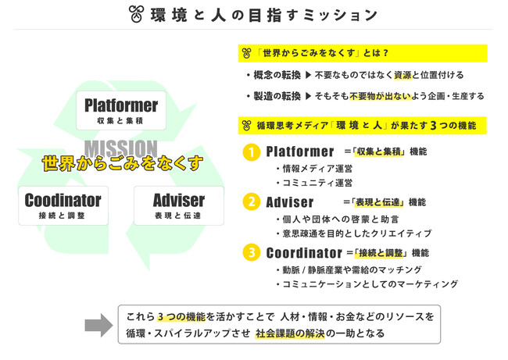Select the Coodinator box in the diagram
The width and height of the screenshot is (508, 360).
pos(63,205)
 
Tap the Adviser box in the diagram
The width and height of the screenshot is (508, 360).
pos(179,205)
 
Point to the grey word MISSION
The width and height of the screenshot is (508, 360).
pos(121,148)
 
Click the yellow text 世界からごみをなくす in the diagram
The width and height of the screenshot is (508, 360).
pos(122,165)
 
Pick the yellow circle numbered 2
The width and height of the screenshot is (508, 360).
pos(251,202)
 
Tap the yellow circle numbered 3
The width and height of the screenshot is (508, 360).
pos(251,253)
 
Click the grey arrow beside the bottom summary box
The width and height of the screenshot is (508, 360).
pos(98,325)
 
